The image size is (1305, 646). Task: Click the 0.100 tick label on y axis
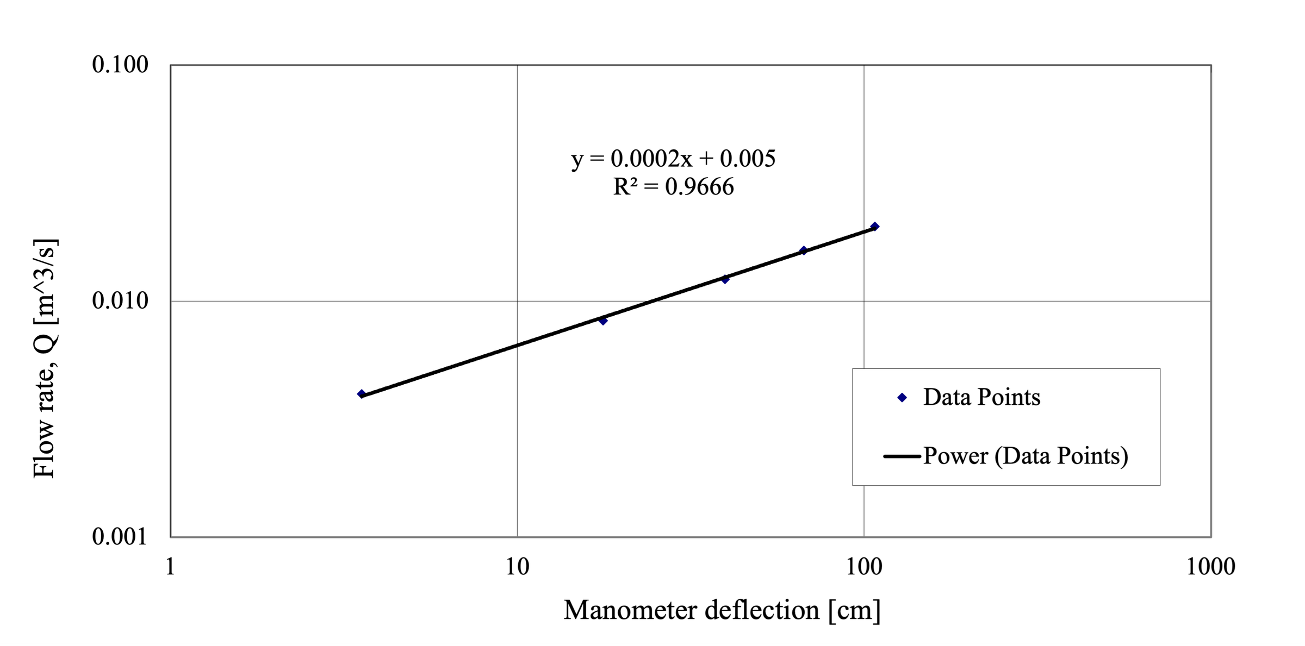point(120,65)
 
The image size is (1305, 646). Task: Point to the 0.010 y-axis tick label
point(120,300)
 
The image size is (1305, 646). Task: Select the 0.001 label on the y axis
point(120,537)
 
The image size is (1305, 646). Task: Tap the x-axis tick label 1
point(170,567)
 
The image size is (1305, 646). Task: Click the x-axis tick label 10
point(517,567)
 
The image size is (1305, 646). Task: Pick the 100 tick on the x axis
point(864,567)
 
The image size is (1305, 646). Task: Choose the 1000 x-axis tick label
point(1210,567)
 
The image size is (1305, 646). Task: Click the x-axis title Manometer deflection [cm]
point(722,610)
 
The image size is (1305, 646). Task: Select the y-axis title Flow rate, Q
point(45,359)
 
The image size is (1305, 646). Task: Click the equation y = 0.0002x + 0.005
point(673,159)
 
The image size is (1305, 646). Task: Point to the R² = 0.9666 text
point(673,187)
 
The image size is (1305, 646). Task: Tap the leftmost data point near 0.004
point(362,394)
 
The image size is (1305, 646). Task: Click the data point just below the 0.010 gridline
point(602,321)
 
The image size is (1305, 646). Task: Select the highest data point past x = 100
point(874,227)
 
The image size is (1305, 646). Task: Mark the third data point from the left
point(725,279)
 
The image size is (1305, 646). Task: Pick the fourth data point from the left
point(803,250)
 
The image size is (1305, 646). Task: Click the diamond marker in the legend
point(902,398)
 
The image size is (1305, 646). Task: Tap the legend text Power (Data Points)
point(1026,455)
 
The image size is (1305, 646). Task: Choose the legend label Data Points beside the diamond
point(981,397)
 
